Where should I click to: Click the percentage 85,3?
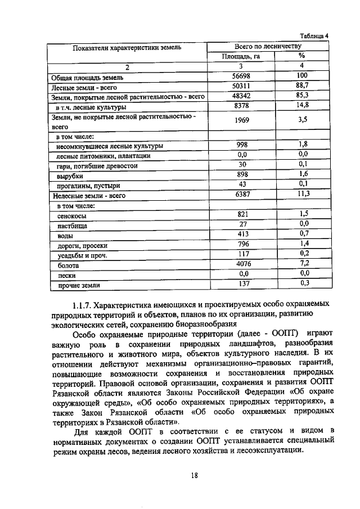(301, 96)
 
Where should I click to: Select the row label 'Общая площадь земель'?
(79, 77)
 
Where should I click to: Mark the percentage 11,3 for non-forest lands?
(301, 194)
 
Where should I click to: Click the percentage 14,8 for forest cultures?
(301, 106)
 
